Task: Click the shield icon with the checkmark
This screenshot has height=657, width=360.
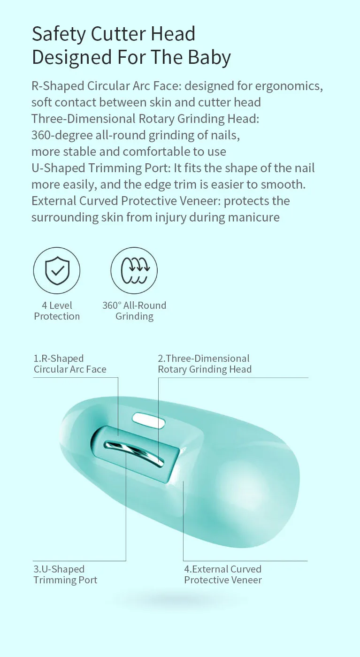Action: (x=57, y=270)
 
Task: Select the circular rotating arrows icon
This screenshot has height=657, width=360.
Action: (x=134, y=270)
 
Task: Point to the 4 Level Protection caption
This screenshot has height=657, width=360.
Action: (x=57, y=311)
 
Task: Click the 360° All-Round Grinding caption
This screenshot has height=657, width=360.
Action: (x=134, y=311)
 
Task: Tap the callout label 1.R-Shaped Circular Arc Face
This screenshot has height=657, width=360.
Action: (x=70, y=364)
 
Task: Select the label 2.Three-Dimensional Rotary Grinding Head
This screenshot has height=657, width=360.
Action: (x=205, y=364)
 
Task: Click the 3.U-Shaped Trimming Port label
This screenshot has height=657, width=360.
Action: (x=65, y=574)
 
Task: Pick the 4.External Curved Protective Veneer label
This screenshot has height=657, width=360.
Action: (x=222, y=574)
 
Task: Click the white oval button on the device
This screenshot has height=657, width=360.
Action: (x=148, y=420)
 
